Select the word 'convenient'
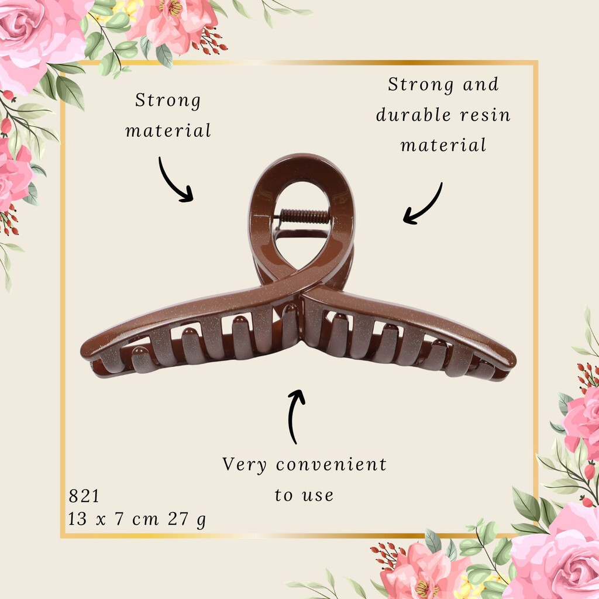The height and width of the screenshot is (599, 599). click(x=331, y=464)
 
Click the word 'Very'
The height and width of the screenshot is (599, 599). click(x=245, y=465)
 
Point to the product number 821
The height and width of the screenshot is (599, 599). click(x=84, y=496)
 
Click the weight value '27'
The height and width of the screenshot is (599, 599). click(x=178, y=519)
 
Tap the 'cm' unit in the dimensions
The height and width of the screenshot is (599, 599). click(x=145, y=519)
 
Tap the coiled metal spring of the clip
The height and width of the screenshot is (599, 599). click(x=304, y=216)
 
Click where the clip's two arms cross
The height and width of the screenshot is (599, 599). click(x=302, y=289)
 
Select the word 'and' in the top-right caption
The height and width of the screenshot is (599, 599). click(x=481, y=84)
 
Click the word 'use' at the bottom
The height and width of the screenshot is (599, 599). click(x=318, y=496)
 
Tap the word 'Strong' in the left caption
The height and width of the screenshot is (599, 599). click(x=168, y=101)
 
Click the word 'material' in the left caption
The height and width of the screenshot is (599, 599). click(x=168, y=130)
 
